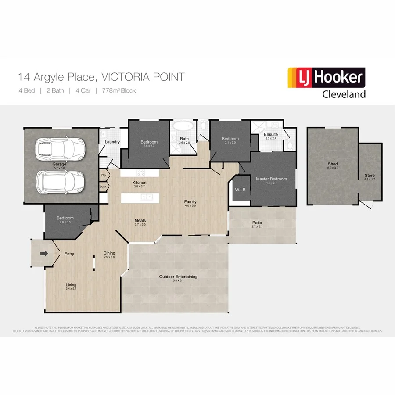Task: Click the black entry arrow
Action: [44, 253]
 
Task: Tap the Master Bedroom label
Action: [271, 179]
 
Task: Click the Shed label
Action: [333, 164]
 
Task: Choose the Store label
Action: [370, 176]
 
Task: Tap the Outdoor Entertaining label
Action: [178, 276]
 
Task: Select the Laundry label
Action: [112, 142]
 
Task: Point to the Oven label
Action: [103, 187]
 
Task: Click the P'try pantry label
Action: [103, 175]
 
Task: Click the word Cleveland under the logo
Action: [344, 94]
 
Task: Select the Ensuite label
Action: [271, 134]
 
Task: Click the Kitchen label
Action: [140, 183]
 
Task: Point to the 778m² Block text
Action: [119, 91]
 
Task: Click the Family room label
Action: [190, 202]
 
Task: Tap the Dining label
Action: [109, 253]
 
